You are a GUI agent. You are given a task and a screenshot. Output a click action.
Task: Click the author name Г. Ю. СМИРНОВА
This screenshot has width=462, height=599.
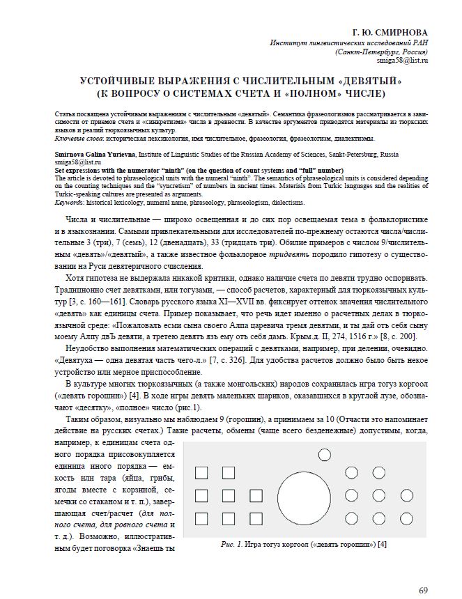click(391, 33)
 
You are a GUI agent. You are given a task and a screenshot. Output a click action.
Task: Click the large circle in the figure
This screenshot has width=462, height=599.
click(307, 495)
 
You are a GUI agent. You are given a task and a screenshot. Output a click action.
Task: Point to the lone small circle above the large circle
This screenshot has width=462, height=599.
click(325, 456)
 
